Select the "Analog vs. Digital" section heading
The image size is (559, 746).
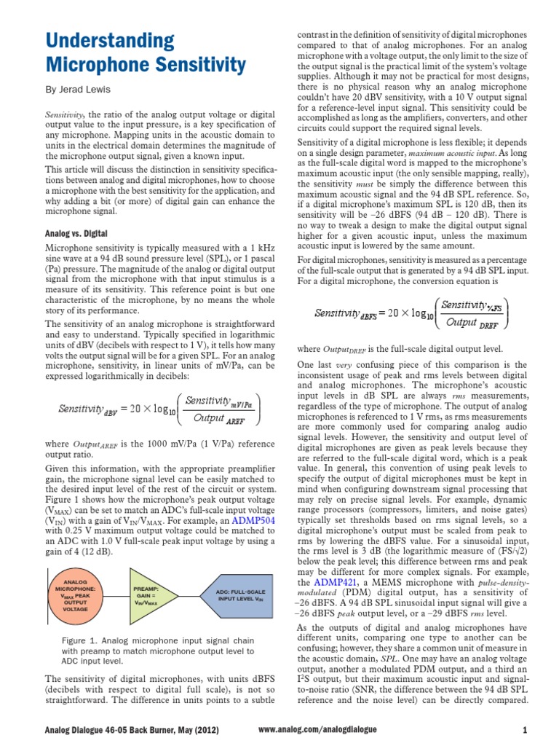pos(76,233)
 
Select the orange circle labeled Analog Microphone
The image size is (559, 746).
pos(76,595)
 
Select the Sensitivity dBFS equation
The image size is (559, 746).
pos(411,313)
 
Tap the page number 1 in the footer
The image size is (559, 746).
pos(525,729)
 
